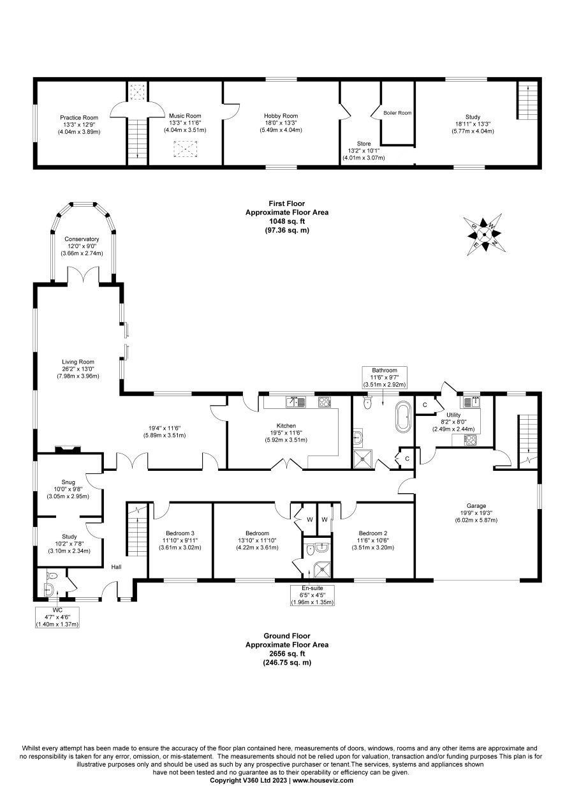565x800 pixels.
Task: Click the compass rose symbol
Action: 484,234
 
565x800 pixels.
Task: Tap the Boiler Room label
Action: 397,113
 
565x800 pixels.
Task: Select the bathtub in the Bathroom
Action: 404,417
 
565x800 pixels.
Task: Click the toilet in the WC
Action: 52,575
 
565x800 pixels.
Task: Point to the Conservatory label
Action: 82,239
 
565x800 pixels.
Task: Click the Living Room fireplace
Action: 68,449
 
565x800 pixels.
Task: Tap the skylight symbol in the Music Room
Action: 185,149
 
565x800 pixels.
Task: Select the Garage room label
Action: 476,506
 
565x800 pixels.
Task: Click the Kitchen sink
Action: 295,402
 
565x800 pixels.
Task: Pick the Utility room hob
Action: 470,440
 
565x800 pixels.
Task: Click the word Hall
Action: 116,567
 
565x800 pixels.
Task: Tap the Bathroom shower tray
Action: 363,459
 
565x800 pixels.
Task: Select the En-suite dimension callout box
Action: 312,595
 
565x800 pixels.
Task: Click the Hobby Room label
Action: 281,115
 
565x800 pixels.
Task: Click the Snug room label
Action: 68,482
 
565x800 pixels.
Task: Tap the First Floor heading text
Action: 287,204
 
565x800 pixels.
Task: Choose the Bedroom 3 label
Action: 180,533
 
